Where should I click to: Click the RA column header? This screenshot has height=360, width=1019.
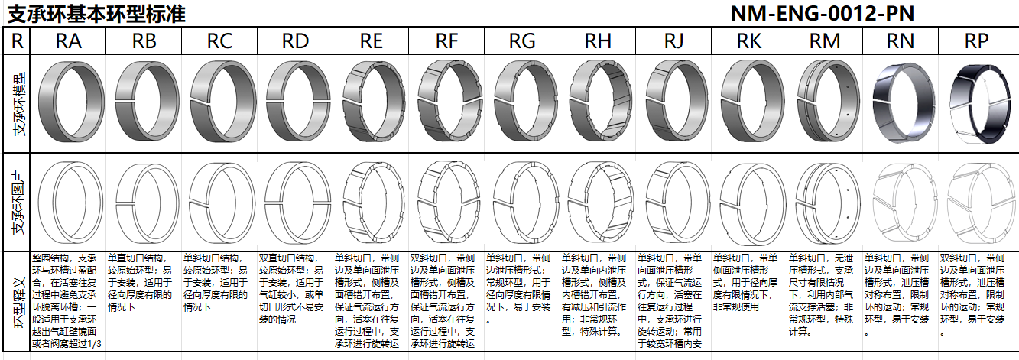click(69, 41)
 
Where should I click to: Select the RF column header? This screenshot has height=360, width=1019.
click(447, 41)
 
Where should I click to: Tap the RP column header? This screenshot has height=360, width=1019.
click(977, 41)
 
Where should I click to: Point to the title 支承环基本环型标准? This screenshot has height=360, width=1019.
click(96, 14)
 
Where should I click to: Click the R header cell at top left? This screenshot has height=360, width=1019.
click(17, 41)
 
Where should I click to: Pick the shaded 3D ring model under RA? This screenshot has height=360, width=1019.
click(69, 102)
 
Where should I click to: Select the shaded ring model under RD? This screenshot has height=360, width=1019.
click(296, 102)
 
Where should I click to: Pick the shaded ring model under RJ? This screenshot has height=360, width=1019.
click(674, 102)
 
